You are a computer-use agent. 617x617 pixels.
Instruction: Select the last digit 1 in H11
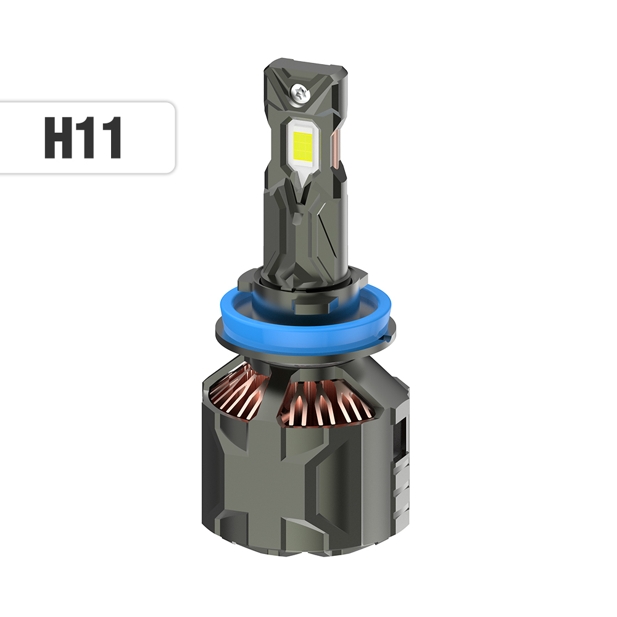tap(112, 137)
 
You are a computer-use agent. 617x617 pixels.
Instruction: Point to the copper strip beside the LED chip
tap(336, 148)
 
